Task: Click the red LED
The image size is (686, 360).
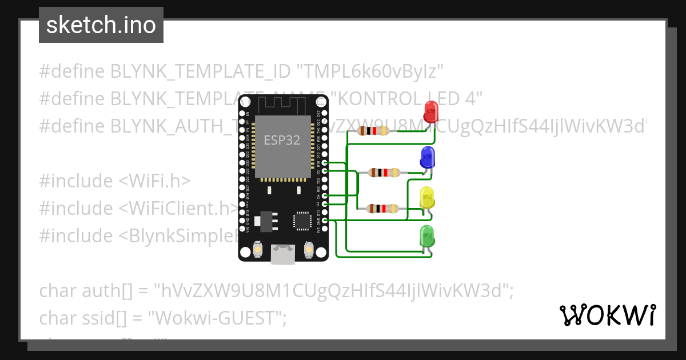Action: [x=430, y=111]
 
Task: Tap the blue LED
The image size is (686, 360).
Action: [x=427, y=157]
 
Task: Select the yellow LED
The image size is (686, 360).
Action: [x=427, y=198]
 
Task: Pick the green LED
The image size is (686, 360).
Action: [x=427, y=236]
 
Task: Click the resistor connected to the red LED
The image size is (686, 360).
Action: [x=373, y=131]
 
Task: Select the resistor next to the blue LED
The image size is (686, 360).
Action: [x=384, y=172]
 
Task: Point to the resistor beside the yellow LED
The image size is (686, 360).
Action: [x=382, y=209]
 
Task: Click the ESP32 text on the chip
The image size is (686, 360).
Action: [x=282, y=140]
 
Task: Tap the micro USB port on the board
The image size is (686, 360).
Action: [x=282, y=255]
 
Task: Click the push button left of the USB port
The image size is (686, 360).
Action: [x=258, y=250]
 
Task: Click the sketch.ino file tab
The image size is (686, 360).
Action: [x=101, y=25]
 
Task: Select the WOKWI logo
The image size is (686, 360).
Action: [x=607, y=315]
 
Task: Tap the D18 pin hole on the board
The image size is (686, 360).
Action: [x=325, y=163]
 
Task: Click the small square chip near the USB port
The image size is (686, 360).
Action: [x=301, y=221]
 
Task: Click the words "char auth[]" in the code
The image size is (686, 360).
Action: [x=86, y=291]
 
